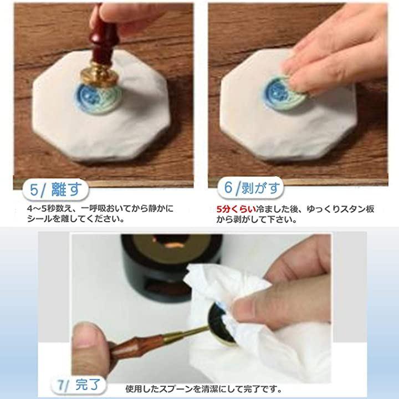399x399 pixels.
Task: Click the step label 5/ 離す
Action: (55, 190)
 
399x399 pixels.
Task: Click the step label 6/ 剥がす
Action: (250, 188)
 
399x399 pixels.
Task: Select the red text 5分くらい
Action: (236, 209)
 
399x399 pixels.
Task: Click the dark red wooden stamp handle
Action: (104, 38)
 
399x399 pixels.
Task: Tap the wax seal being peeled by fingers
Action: (284, 91)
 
